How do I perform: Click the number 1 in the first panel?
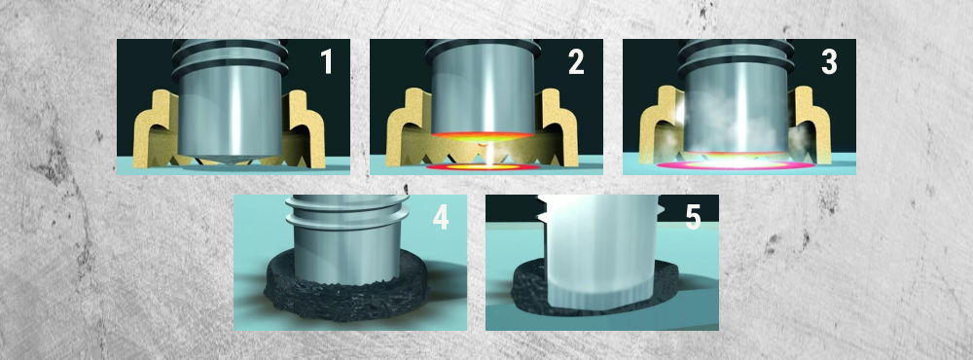(x=327, y=62)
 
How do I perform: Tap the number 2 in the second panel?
(x=576, y=62)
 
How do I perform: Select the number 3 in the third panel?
(x=829, y=62)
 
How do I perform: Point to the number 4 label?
(x=441, y=217)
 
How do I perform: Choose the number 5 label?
(x=693, y=217)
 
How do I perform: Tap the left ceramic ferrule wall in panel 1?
(x=151, y=130)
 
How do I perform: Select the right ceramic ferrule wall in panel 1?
(x=307, y=130)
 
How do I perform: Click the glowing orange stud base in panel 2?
(x=483, y=136)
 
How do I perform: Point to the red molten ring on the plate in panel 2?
(x=483, y=167)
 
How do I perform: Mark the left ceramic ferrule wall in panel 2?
(x=404, y=130)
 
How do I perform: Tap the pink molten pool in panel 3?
(x=736, y=165)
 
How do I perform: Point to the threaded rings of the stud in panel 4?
(x=347, y=211)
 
